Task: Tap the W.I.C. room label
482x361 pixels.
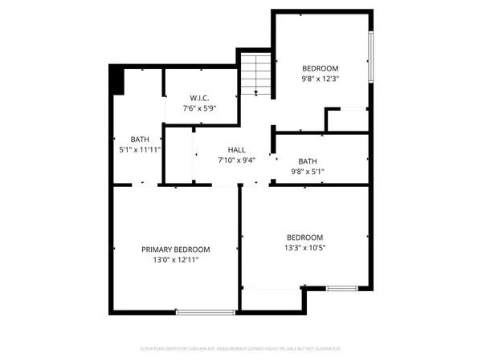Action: click(x=190, y=98)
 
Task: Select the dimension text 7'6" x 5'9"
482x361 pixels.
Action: click(x=190, y=108)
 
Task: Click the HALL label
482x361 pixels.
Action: click(x=236, y=150)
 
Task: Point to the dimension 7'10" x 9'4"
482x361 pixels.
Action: click(x=236, y=160)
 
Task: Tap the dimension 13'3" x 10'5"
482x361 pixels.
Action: click(x=305, y=249)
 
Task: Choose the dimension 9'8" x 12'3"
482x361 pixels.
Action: click(x=320, y=79)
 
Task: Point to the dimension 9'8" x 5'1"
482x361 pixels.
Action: click(x=308, y=171)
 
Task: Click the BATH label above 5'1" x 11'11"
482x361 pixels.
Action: click(x=141, y=139)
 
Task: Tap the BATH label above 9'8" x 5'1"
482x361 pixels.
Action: click(x=308, y=160)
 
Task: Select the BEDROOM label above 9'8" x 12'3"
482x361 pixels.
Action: click(x=320, y=68)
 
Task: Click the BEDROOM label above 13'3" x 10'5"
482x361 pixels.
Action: click(x=305, y=237)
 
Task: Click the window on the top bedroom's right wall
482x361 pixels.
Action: click(x=370, y=56)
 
